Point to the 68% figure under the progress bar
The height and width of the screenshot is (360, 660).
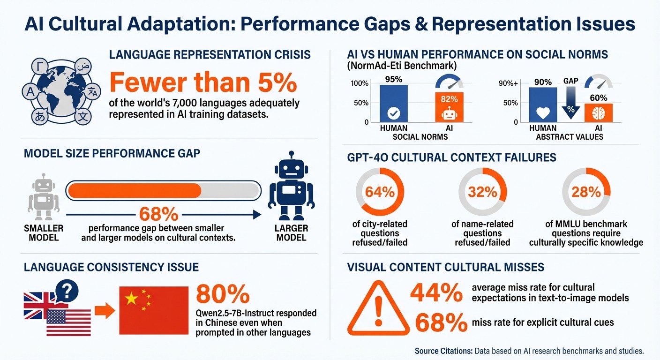159,214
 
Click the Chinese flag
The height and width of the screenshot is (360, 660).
153,310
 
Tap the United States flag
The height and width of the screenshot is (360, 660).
68,322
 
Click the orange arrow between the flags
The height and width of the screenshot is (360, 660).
105,310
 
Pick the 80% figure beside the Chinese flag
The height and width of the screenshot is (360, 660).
223,294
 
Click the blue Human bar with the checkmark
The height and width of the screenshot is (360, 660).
394,103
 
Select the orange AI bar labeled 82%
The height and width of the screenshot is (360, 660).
449,107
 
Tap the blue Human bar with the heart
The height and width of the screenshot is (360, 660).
543,105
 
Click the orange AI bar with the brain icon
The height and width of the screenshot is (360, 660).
598,112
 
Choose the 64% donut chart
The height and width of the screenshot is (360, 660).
380,192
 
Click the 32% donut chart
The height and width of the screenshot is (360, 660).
482,192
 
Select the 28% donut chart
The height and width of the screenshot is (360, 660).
586,192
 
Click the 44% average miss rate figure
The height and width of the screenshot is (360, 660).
436,293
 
